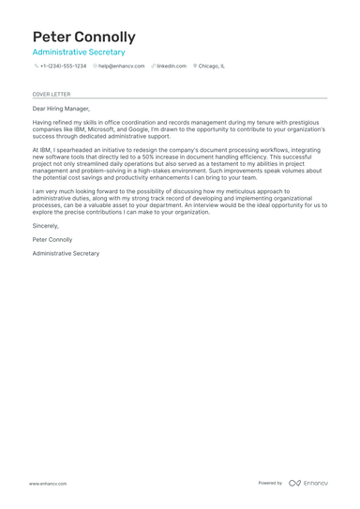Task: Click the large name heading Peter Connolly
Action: [83, 37]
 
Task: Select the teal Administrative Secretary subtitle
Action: [79, 52]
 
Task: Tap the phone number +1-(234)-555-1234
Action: [63, 67]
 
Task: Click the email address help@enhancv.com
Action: [122, 67]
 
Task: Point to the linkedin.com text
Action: [172, 67]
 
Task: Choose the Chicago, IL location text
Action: [211, 67]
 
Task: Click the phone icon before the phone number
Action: [36, 67]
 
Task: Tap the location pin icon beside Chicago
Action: [195, 67]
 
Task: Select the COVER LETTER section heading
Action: [51, 94]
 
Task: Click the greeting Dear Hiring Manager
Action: [61, 109]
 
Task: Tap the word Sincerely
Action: [45, 226]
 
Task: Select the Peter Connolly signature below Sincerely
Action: [52, 240]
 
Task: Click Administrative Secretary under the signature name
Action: [66, 253]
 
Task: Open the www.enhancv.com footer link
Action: [47, 483]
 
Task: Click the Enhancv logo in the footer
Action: [308, 483]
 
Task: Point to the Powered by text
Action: [270, 483]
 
